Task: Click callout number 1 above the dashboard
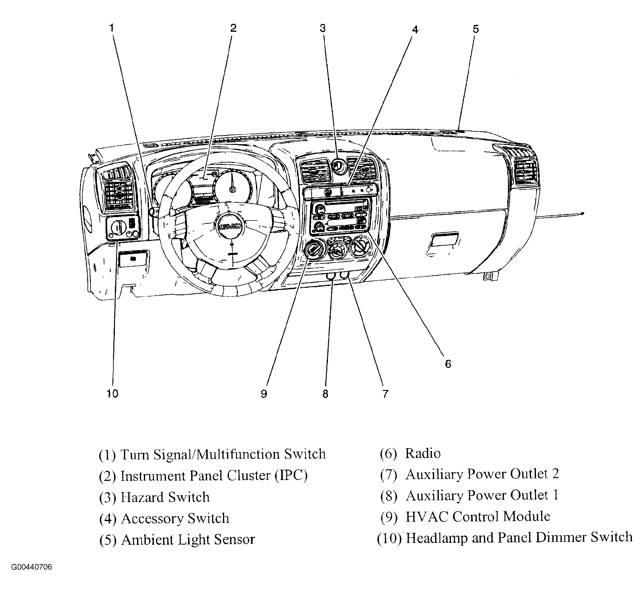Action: point(112,28)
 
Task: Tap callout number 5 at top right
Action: point(476,29)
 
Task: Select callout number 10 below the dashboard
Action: point(112,394)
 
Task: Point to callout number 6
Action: point(448,364)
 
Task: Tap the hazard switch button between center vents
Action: point(338,167)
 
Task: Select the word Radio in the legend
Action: point(423,453)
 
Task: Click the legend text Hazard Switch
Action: point(165,497)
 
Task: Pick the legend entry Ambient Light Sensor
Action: point(188,540)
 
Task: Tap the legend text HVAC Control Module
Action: point(478,517)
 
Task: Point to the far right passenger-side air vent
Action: point(525,173)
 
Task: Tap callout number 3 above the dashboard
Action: point(323,28)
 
